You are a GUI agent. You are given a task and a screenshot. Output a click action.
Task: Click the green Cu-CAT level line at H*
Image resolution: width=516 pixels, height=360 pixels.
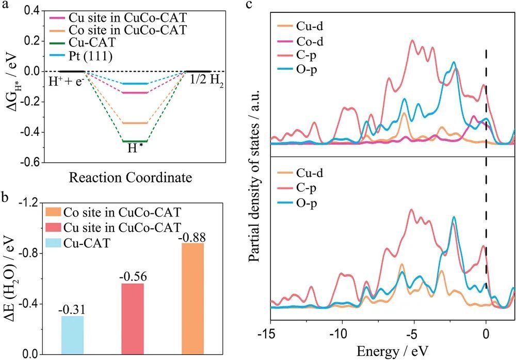point(135,141)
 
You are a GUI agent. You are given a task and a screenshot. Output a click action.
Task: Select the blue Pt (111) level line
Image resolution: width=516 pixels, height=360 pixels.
point(135,84)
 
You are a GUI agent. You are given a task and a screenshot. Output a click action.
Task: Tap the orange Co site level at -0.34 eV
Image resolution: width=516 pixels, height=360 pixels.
point(135,123)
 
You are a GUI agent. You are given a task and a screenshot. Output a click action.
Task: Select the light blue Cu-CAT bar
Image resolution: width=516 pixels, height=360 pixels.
point(72,335)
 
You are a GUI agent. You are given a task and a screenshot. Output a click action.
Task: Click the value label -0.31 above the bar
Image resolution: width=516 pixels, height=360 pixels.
point(72,309)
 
